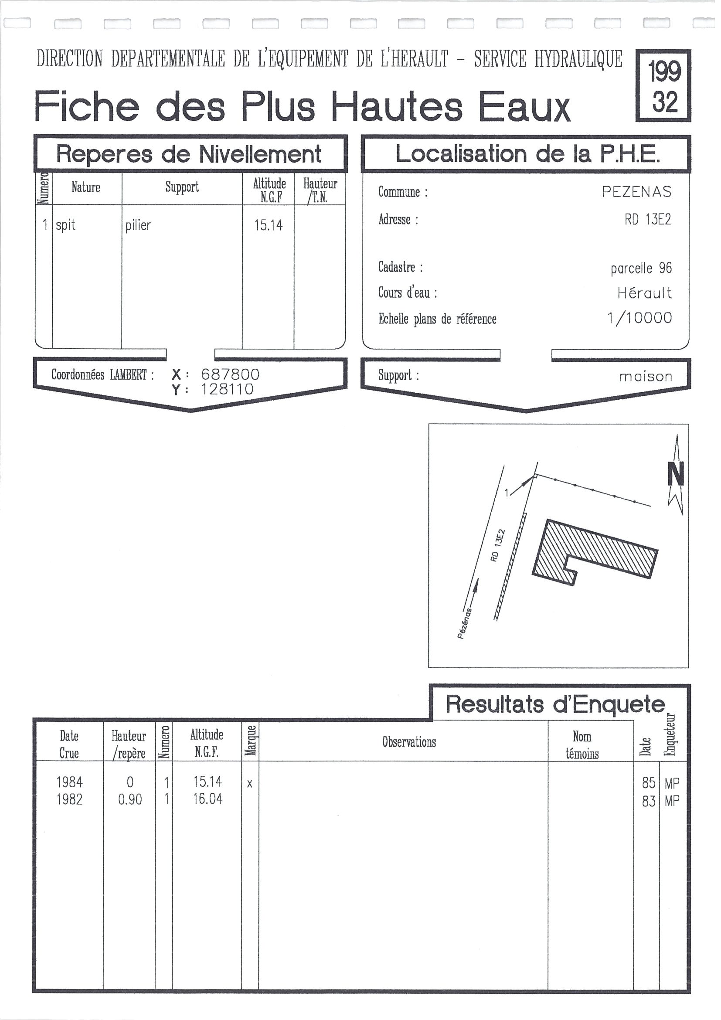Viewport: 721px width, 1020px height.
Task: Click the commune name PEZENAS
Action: coord(642,192)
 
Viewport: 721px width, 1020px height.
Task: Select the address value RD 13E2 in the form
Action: coord(653,220)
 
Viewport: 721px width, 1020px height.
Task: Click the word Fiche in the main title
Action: coord(88,106)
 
